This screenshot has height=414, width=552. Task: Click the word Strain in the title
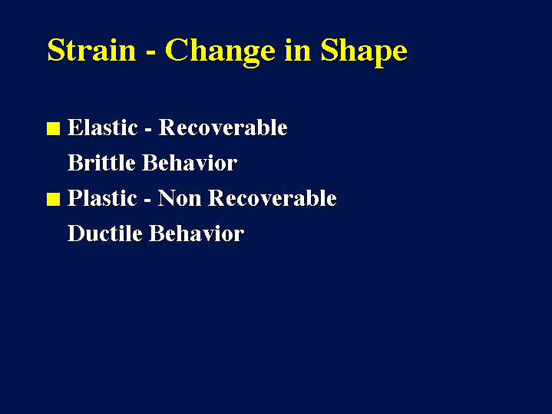(91, 50)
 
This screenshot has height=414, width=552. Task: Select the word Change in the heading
(220, 52)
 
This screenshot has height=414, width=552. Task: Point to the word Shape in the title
(364, 52)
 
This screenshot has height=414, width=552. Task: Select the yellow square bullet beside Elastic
(54, 128)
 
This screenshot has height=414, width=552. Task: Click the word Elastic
(102, 128)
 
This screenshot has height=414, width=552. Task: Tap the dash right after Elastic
(148, 130)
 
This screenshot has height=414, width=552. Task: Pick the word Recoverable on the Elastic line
(223, 128)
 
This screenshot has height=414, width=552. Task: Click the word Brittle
(101, 162)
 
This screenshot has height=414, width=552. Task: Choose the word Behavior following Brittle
(190, 162)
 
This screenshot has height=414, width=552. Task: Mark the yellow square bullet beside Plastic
(54, 199)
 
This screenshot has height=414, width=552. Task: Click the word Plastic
(102, 197)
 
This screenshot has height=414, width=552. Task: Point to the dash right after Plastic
(147, 200)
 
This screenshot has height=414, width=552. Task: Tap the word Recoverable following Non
(273, 197)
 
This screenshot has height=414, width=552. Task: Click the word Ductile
(105, 233)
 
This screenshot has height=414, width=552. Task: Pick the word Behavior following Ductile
(197, 233)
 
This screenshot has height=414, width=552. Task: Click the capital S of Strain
(56, 50)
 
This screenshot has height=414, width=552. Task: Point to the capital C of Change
(176, 50)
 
